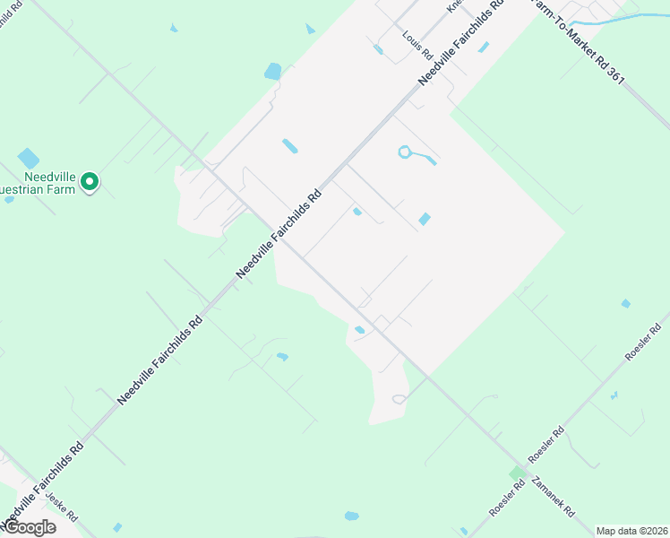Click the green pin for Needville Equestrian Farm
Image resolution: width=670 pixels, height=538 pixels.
pyautogui.click(x=90, y=182)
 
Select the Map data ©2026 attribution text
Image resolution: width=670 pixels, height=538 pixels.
pyautogui.click(x=631, y=530)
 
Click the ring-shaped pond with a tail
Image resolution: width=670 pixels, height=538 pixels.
pyautogui.click(x=405, y=152)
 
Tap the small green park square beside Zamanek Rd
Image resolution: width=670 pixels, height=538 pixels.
pyautogui.click(x=518, y=473)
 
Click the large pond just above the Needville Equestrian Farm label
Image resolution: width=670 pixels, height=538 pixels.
pyautogui.click(x=29, y=158)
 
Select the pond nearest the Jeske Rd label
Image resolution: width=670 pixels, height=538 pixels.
pyautogui.click(x=117, y=527)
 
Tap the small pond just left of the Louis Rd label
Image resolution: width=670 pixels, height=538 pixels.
pyautogui.click(x=379, y=49)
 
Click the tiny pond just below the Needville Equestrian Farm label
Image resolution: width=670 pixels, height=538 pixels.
pyautogui.click(x=9, y=199)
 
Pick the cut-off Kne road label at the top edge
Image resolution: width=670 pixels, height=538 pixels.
pyautogui.click(x=454, y=5)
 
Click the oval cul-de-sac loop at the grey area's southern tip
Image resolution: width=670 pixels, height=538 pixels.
pyautogui.click(x=399, y=399)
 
